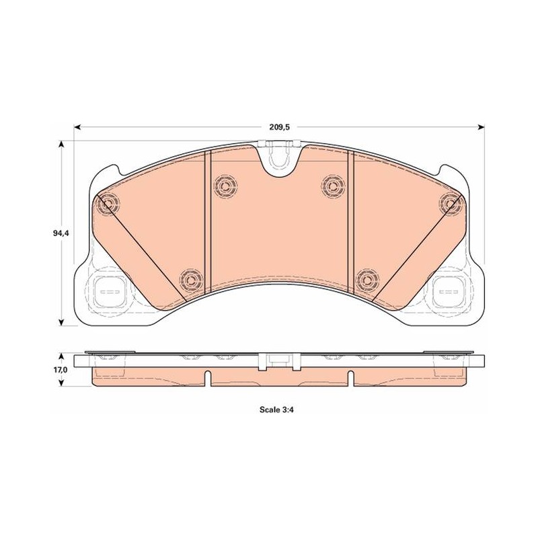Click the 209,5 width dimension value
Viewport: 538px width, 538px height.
click(280, 127)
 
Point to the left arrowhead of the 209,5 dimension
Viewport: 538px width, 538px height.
click(77, 127)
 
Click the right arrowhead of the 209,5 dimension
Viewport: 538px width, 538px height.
click(481, 127)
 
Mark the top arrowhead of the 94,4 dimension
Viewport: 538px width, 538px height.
click(61, 144)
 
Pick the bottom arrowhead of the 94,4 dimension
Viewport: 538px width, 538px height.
click(61, 321)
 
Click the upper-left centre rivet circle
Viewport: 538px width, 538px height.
click(225, 186)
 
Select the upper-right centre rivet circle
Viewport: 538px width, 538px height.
click(333, 186)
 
